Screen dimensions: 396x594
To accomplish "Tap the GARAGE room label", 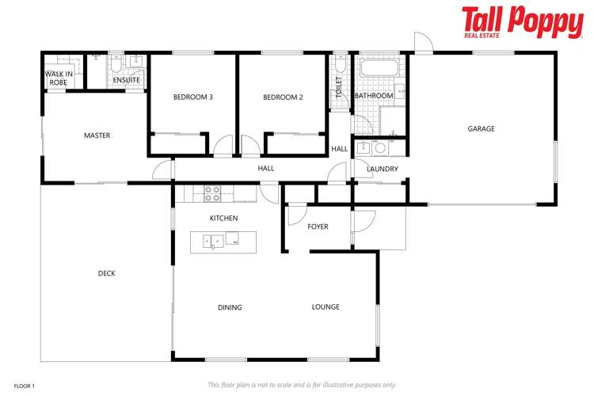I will coord(481,128).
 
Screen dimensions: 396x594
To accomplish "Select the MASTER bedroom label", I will coord(97,135).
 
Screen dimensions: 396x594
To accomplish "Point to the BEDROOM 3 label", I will coord(193,97).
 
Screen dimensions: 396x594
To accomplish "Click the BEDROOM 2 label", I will coord(283,97).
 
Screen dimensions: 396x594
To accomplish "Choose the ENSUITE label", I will coord(126,80).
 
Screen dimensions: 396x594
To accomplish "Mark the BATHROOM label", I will coord(374,96).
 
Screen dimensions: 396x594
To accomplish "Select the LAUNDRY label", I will coord(382,169).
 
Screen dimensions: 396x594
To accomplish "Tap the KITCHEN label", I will coord(223,218).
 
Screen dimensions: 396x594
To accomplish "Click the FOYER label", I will coord(318,227).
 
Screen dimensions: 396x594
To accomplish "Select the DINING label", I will coord(230,307).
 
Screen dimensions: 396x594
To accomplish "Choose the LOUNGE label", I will coord(326,307).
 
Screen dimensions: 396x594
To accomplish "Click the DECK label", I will coord(107,273).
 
